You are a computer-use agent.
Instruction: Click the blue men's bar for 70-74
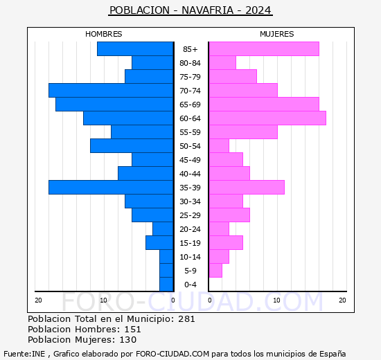point(111,91)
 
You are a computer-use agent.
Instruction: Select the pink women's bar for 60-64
point(268,118)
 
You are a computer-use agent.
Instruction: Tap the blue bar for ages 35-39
point(111,188)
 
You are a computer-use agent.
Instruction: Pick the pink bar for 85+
point(264,49)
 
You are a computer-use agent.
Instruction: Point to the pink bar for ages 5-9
point(215,271)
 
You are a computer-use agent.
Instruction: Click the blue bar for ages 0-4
point(166,285)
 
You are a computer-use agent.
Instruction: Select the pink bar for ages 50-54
point(219,146)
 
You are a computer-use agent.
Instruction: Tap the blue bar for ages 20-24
point(163,229)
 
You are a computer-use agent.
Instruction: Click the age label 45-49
point(190,160)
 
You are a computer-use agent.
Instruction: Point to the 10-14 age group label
point(190,257)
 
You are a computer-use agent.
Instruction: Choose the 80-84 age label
point(190,63)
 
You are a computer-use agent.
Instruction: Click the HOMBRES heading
point(104,34)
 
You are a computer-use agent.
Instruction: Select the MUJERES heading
point(277,34)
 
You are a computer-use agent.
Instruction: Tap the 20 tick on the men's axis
point(38,300)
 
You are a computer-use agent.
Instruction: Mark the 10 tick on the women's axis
point(276,300)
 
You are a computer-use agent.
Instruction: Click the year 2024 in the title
point(258,10)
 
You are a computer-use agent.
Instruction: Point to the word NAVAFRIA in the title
point(208,10)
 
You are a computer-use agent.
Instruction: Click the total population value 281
point(186,318)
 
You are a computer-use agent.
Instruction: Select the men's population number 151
point(133,329)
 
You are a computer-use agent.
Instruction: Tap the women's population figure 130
point(128,340)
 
